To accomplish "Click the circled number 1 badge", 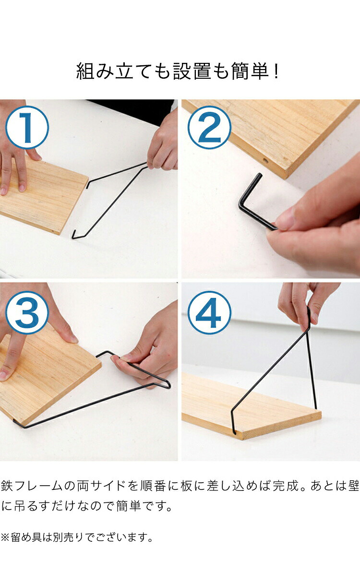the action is pyautogui.click(x=27, y=127).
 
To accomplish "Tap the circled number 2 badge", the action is pyautogui.click(x=209, y=127).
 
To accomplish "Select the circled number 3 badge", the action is pyautogui.click(x=27, y=312).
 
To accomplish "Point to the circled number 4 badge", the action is pyautogui.click(x=209, y=312).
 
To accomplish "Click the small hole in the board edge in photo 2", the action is pyautogui.click(x=265, y=161).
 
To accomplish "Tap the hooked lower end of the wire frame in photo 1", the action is pyautogui.click(x=74, y=235).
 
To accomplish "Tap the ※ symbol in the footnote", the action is pyautogui.click(x=5, y=537).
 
